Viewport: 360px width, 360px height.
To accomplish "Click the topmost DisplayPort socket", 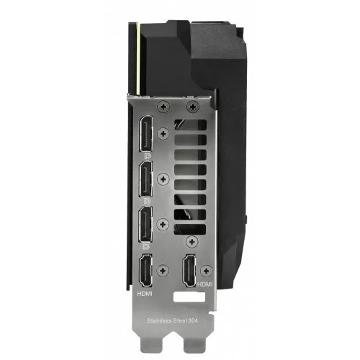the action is click(x=145, y=133).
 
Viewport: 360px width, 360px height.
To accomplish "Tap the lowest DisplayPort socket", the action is click(x=145, y=224).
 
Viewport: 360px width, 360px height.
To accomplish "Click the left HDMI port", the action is click(x=145, y=270).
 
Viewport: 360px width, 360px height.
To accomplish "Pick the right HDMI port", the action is click(x=189, y=270).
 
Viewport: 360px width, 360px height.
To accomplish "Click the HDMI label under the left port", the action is click(x=145, y=293).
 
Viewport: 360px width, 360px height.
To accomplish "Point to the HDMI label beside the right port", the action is click(x=204, y=284).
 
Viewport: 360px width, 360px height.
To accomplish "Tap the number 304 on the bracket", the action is click(x=193, y=320).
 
